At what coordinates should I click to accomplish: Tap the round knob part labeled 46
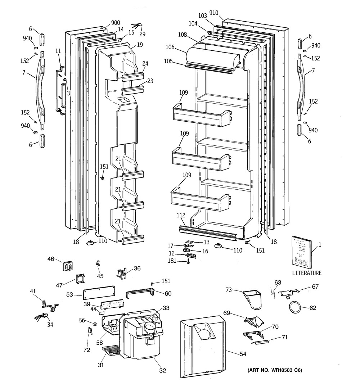[67, 266]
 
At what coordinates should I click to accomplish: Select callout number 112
[181, 216]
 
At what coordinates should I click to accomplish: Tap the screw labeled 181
[189, 262]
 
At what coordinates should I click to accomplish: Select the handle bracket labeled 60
[140, 294]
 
